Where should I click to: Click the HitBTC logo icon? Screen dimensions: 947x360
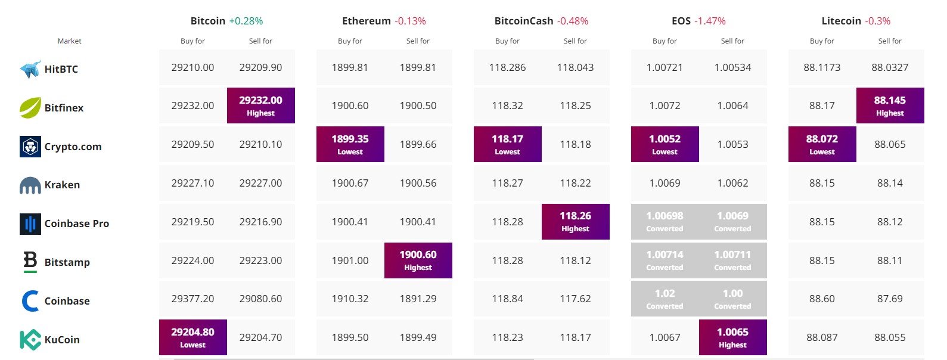pos(30,69)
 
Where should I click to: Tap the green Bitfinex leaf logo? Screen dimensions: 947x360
pos(30,107)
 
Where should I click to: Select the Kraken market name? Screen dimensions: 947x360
pos(62,185)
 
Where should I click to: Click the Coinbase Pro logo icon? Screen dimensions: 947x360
pos(30,224)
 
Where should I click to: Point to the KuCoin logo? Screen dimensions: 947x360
pos(30,340)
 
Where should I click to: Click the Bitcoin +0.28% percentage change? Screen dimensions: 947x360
pos(246,21)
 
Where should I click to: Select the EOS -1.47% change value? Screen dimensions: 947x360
pos(710,21)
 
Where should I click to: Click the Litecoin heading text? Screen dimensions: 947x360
pos(842,21)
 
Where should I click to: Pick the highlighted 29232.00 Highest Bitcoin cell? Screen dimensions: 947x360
pos(261,105)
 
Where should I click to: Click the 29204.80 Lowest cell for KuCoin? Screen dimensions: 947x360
pos(192,337)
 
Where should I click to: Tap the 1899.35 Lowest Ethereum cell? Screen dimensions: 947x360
pos(350,144)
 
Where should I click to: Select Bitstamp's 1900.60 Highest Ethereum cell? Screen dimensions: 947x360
pos(418,260)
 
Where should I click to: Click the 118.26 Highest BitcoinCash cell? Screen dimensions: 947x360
pos(575,222)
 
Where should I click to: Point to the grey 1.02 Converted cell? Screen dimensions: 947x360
pos(665,299)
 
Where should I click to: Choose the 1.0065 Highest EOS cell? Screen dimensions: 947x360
pos(732,337)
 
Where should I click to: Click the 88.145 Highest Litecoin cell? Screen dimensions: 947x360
pos(890,105)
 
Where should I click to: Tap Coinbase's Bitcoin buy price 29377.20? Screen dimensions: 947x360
pos(192,299)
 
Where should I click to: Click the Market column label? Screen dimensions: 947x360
pos(69,41)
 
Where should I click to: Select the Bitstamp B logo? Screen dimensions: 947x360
pos(30,262)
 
